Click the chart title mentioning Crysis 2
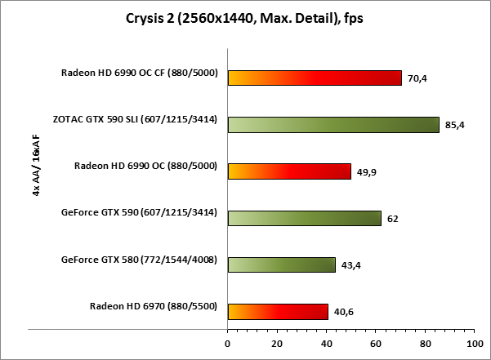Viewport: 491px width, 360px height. [245, 19]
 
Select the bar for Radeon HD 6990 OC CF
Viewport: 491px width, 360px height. [315, 78]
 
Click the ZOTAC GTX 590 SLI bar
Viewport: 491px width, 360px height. [333, 124]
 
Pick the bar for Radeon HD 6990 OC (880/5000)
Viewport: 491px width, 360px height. [289, 171]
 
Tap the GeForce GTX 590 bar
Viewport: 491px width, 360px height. [304, 218]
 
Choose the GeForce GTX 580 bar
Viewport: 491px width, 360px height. [281, 264]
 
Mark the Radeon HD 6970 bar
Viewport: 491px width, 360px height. [278, 311]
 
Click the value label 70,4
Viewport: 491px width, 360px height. [417, 79]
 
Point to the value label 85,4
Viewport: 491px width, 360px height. [454, 126]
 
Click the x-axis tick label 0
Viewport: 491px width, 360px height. [228, 343]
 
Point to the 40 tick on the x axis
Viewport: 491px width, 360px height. [327, 343]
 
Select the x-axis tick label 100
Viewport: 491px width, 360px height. [473, 343]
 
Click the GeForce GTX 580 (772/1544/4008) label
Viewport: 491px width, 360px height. [138, 260]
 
